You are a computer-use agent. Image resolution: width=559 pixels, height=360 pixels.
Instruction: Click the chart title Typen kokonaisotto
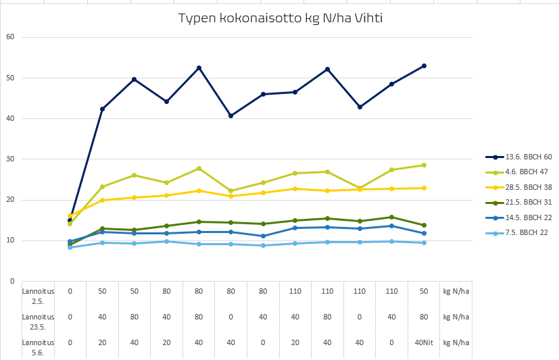[281, 18]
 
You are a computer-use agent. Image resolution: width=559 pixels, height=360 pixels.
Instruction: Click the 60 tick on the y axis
[9, 37]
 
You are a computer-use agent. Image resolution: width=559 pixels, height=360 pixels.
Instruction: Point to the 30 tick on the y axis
[9, 159]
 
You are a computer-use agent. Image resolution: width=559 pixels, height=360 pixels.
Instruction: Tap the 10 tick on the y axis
[9, 240]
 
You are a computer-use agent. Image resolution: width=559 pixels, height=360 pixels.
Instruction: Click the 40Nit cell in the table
[424, 342]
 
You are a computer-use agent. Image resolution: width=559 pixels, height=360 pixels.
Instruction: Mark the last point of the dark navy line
[424, 66]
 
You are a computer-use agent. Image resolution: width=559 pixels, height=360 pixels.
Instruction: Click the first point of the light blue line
[70, 247]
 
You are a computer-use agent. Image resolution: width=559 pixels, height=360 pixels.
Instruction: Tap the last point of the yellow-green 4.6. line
[424, 165]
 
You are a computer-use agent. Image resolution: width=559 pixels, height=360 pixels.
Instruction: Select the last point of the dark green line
[424, 225]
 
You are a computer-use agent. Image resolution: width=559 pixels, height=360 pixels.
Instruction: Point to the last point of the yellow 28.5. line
[424, 188]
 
